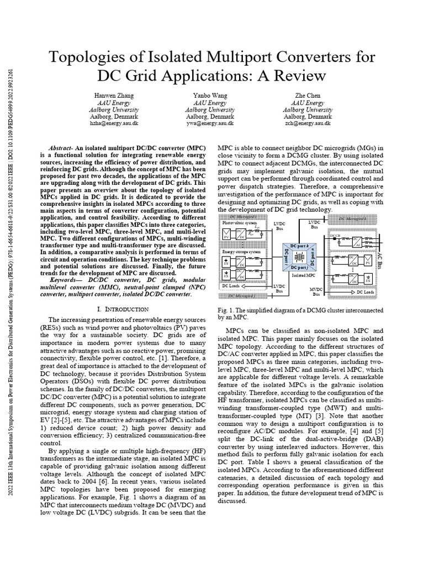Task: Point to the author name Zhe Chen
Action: coord(308,95)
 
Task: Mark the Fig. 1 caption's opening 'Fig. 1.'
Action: coord(225,310)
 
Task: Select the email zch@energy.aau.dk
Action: coord(308,124)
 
